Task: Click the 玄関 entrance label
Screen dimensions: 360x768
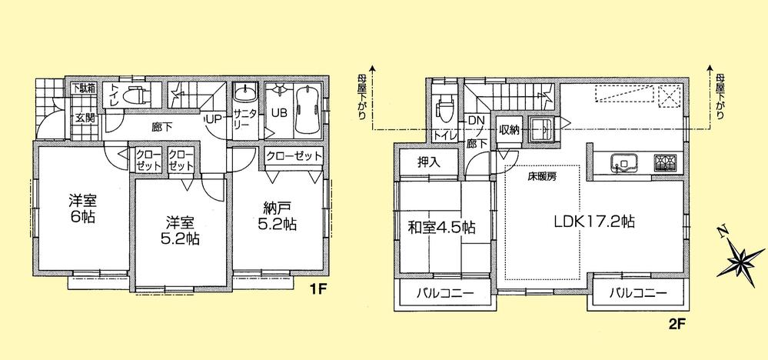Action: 85,118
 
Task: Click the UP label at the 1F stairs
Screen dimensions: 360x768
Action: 213,119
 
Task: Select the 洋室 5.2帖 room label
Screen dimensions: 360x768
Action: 181,230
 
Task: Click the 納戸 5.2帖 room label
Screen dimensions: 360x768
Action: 273,216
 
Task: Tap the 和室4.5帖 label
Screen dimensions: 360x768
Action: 441,227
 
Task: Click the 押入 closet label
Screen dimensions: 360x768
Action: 428,162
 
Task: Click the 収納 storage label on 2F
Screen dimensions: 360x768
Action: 509,129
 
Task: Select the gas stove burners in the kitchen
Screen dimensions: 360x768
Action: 663,162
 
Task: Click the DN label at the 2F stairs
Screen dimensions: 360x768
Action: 475,122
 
